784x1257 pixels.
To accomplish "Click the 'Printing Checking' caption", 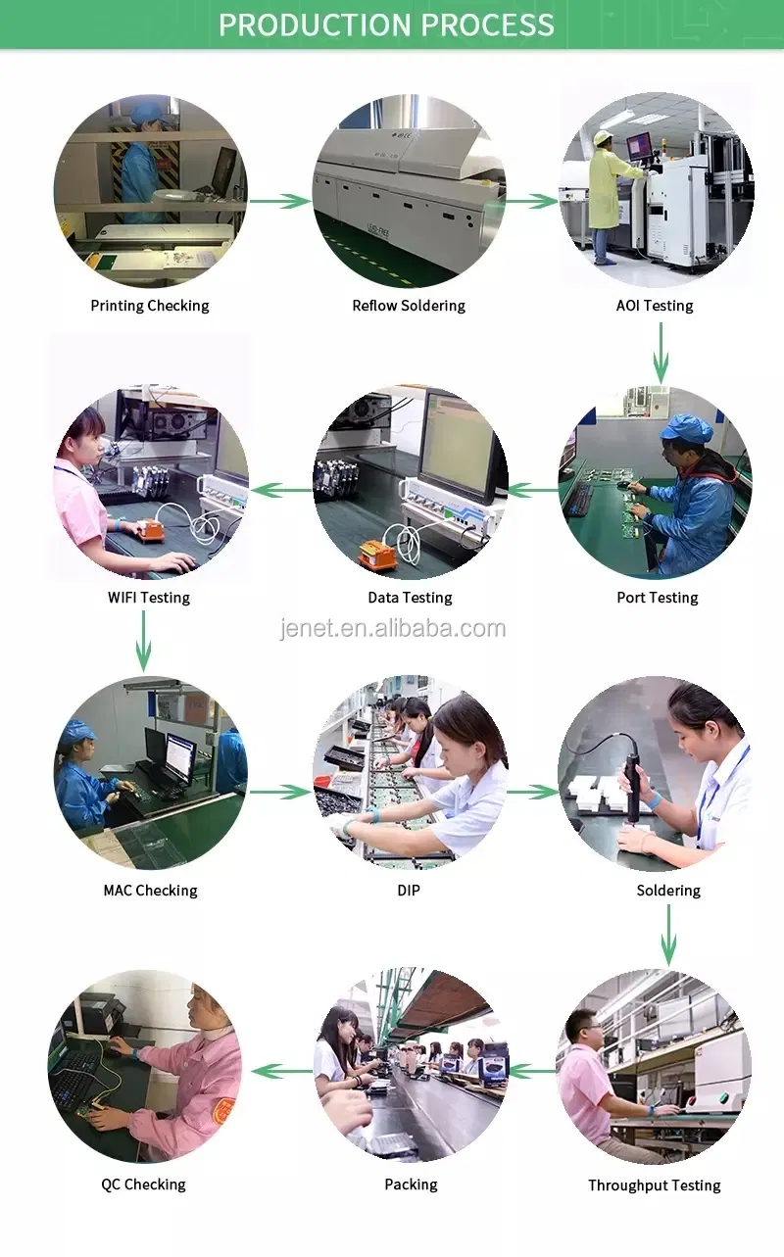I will click(150, 306).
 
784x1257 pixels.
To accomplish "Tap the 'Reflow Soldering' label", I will click(409, 306).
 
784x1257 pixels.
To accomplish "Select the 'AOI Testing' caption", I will click(655, 306).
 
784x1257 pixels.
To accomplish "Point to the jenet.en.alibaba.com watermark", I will click(393, 629).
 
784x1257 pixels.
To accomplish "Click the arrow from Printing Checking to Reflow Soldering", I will click(279, 201).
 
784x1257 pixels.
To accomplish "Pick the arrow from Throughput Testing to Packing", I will click(532, 1071).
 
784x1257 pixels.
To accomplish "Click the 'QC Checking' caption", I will click(143, 1184).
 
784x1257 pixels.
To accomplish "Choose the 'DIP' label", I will click(410, 891).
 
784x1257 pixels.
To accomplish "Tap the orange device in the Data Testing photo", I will click(377, 556).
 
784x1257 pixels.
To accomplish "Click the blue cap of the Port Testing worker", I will click(686, 428).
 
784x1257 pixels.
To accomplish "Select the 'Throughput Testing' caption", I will click(654, 1185).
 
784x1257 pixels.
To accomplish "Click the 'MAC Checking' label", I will click(150, 891).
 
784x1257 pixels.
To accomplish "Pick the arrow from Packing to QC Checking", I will click(282, 1071).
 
